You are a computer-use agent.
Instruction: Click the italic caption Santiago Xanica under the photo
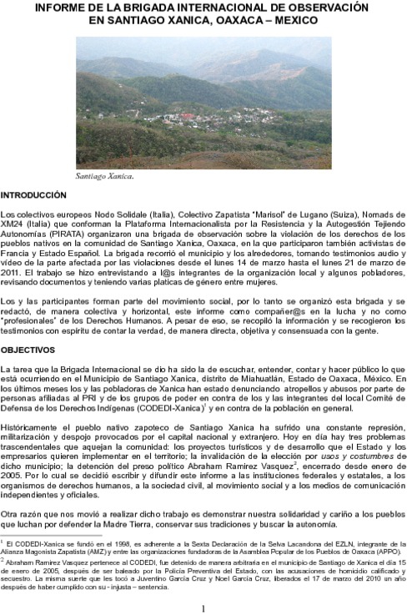coord(104,177)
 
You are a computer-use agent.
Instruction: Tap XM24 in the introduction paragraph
coord(13,224)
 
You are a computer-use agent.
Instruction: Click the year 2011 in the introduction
coord(12,272)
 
